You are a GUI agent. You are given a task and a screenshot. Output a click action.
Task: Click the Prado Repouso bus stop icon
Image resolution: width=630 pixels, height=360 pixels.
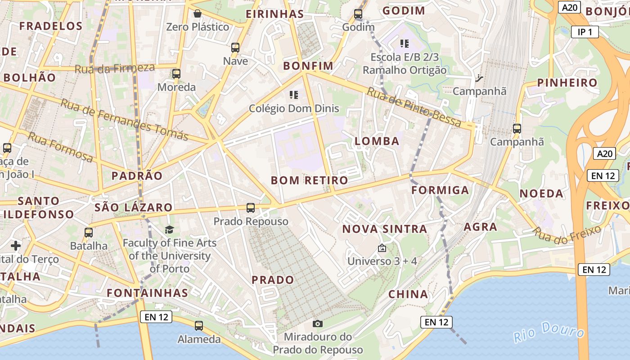coord(251,208)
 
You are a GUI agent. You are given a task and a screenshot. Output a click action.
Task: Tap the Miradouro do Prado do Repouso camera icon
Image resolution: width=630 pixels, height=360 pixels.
coord(318,324)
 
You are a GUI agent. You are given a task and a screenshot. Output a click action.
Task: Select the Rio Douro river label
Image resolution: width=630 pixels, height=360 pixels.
coord(549,332)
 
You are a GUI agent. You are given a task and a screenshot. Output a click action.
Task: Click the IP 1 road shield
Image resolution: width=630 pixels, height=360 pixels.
coord(585,32)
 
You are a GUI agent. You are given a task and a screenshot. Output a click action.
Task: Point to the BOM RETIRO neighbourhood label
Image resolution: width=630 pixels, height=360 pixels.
coord(310,180)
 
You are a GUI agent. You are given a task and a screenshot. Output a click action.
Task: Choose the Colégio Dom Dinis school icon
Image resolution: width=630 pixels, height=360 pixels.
coord(294,95)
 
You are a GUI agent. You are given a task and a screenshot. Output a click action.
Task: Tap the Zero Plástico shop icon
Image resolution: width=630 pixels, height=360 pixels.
coord(197,13)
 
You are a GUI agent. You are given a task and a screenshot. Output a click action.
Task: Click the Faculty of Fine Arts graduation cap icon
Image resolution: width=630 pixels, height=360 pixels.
coord(169,230)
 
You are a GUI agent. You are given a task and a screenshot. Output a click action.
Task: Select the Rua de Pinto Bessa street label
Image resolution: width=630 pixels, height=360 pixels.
coord(414,107)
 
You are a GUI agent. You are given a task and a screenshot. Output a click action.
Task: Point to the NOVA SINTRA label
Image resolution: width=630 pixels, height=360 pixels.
coord(385,229)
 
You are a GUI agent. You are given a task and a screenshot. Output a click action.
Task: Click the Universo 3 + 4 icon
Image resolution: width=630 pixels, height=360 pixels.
coord(382,248)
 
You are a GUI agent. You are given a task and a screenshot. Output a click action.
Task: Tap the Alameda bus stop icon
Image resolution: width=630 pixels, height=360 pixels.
coord(199,325)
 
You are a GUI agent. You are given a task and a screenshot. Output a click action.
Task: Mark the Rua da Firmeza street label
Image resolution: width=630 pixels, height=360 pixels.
coord(114,68)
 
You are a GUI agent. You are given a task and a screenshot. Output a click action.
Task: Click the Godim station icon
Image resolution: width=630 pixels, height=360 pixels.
coord(358,14)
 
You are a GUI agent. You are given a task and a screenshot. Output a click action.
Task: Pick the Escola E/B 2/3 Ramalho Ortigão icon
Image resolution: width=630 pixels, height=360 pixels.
coord(404,44)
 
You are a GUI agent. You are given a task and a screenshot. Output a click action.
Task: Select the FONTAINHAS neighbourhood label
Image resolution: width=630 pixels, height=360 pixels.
coord(148,293)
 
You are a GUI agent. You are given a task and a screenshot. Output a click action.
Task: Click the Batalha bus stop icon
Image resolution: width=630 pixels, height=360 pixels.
coord(89,233)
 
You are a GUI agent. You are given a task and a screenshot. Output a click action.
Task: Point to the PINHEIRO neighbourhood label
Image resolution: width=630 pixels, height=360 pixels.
coord(567,83)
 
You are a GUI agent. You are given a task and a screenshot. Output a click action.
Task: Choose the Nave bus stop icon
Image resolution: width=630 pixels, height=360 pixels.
coord(235,47)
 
